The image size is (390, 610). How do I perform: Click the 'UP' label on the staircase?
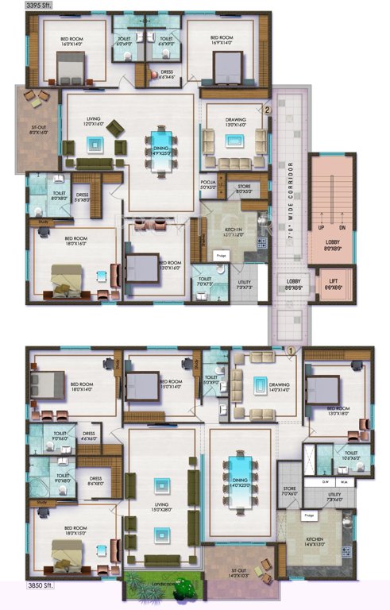[321, 227]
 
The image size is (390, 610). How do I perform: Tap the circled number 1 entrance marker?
[291, 349]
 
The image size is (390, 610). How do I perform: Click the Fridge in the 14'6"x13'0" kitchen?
[307, 518]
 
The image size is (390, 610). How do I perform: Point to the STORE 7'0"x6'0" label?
[289, 491]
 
